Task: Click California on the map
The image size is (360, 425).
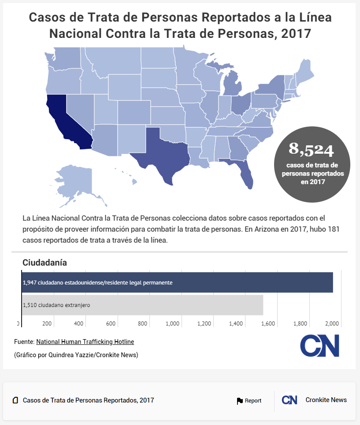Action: [x=66, y=119]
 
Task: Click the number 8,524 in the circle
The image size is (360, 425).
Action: [x=311, y=150]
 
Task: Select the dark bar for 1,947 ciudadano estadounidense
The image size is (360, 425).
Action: [x=176, y=282]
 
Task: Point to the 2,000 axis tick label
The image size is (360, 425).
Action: [x=331, y=324]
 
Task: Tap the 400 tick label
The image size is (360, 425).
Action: [x=79, y=324]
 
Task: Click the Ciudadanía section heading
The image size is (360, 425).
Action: [x=45, y=263]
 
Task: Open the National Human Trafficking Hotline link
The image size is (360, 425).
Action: [x=85, y=342]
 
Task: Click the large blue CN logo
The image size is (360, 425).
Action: [x=320, y=346]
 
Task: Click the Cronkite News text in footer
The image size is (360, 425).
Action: [x=326, y=400]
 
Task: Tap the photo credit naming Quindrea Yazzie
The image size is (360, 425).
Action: [x=76, y=355]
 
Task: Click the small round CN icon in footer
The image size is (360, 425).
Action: [x=289, y=400]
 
